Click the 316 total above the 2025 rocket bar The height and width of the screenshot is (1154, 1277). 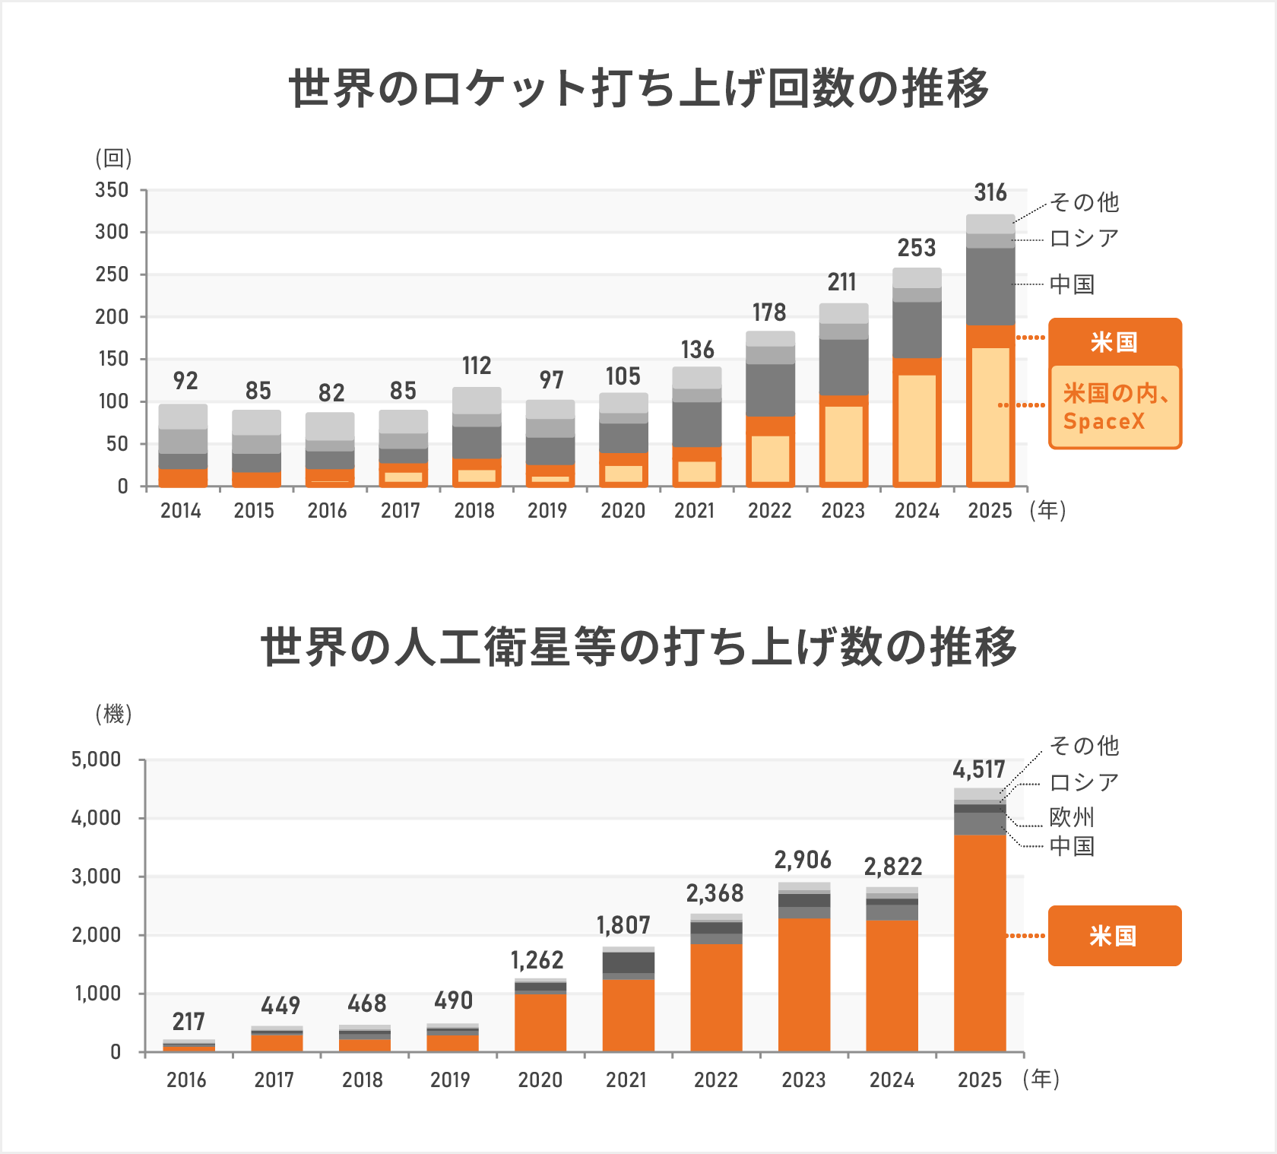click(990, 193)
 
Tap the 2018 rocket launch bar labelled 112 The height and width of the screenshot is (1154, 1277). click(477, 437)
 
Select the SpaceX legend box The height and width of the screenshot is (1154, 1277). click(1114, 407)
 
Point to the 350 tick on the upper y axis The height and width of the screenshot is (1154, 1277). click(112, 190)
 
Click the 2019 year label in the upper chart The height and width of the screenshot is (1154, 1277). click(547, 511)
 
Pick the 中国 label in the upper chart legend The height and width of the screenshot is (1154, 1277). click(1072, 284)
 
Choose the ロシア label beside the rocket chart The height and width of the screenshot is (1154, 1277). click(1084, 239)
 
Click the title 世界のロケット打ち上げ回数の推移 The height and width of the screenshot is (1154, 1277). click(638, 88)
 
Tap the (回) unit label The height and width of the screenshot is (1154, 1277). click(113, 158)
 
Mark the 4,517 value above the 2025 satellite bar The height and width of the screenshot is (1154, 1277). click(979, 770)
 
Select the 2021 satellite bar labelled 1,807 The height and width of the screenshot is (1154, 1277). click(628, 1000)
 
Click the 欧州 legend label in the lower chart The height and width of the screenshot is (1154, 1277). click(1072, 817)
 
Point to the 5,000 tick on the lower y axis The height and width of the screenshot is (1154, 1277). click(97, 759)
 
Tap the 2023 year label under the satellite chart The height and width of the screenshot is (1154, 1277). click(803, 1080)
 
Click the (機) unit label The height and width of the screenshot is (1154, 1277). click(113, 714)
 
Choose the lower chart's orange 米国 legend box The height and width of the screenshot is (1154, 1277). click(1114, 936)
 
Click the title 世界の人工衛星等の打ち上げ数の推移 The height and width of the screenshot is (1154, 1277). click(638, 647)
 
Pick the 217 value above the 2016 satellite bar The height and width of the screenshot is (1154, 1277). click(189, 1022)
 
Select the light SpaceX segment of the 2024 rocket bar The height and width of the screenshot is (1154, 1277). click(917, 429)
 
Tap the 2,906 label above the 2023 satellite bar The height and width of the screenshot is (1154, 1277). click(803, 861)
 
